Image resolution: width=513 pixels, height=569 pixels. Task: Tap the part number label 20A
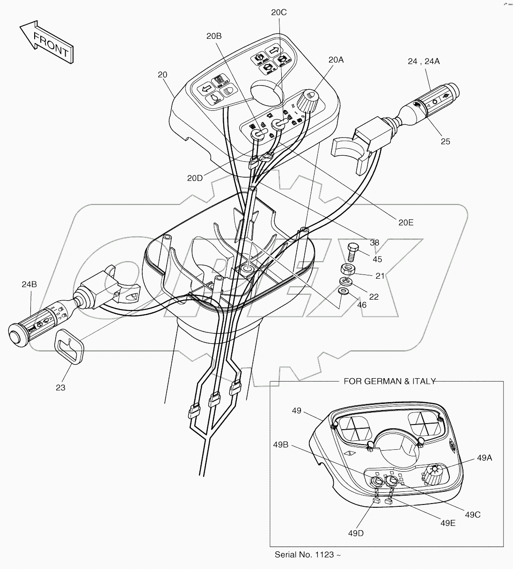point(336,59)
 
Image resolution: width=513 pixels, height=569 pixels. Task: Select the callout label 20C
point(278,13)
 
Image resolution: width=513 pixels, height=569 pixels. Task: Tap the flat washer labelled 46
point(343,292)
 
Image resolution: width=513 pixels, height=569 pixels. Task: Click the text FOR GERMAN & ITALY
point(389,381)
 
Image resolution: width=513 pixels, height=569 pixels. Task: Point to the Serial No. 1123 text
point(307,555)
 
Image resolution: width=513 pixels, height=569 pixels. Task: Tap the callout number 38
point(374,243)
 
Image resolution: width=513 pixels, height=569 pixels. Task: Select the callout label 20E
point(405,222)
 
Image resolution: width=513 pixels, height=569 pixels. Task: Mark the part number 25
point(445,141)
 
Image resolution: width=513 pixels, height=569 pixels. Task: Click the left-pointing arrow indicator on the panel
point(205,88)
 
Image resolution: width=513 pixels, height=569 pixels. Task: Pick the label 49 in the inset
point(296,411)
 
